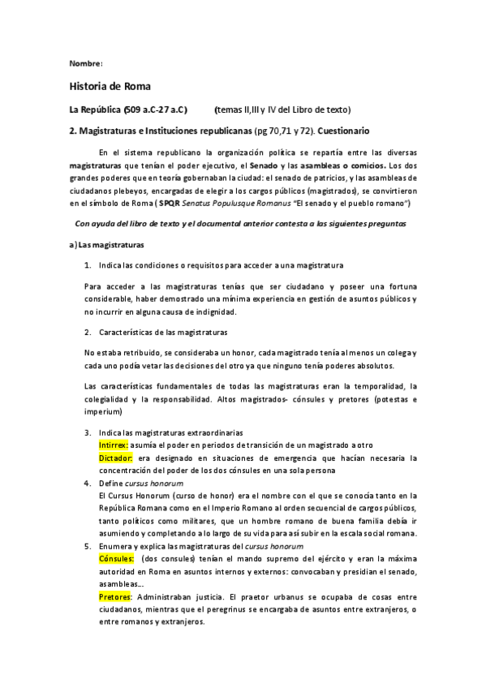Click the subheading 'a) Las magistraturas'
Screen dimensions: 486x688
[107, 244]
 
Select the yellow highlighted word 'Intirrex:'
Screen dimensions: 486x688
[112, 445]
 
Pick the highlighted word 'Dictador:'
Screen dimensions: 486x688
[114, 458]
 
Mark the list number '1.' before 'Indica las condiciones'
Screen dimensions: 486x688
[88, 265]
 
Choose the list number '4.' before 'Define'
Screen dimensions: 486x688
[88, 483]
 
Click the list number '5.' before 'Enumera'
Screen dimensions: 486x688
[88, 547]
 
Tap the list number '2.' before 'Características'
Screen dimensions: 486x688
[88, 332]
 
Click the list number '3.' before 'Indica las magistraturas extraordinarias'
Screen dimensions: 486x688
[88, 433]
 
